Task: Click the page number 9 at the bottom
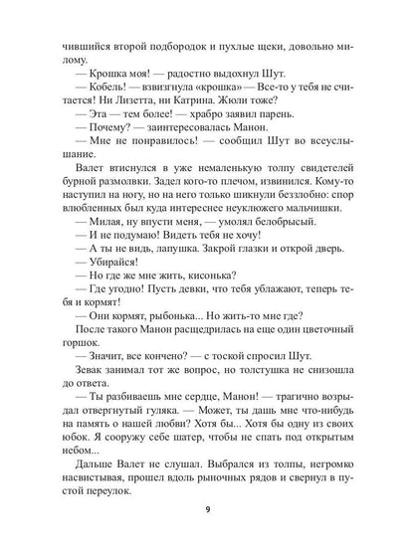pos(207,514)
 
